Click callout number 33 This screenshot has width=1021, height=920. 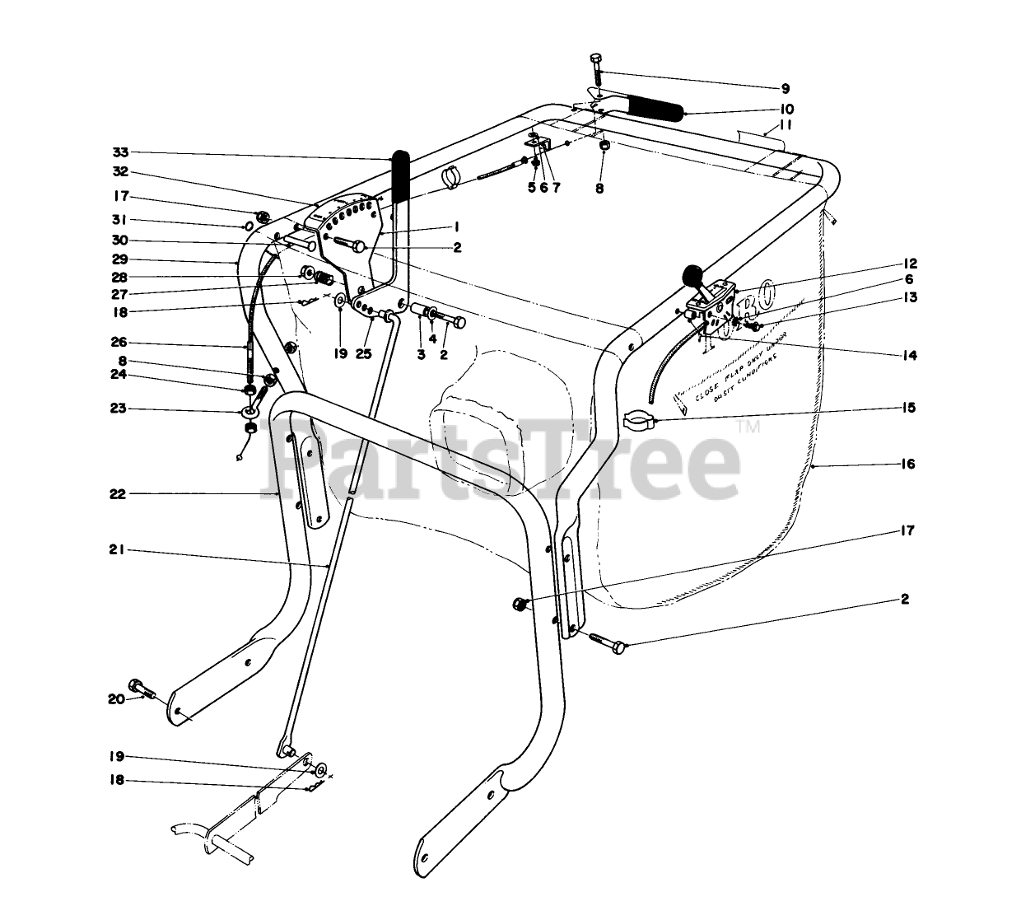point(120,152)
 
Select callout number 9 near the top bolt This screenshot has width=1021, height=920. point(785,88)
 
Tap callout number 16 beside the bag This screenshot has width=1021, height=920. point(907,465)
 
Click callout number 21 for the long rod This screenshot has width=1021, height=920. point(116,551)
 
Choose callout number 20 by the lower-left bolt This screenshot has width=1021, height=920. point(115,699)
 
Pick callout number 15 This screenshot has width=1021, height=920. point(907,408)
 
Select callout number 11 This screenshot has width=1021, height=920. point(786,124)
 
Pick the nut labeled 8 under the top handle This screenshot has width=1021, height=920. point(604,147)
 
